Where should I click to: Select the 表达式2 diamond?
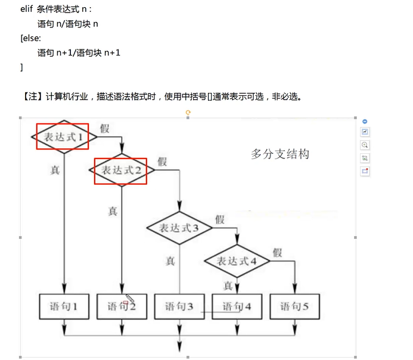tap(122, 170)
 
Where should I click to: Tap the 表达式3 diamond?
tap(179, 228)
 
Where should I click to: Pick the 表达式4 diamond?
tap(237, 261)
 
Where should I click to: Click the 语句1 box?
tap(63, 307)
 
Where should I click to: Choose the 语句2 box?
tap(122, 307)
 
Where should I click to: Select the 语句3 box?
tap(179, 307)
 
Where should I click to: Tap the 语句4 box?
tap(237, 307)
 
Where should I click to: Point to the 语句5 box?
tap(294, 307)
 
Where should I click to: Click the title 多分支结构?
tap(280, 154)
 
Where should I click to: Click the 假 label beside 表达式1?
tap(104, 128)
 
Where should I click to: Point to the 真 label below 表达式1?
tap(55, 170)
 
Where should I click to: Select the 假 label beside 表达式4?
tap(277, 252)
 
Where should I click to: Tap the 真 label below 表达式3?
tap(170, 260)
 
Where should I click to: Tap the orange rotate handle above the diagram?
tap(188, 111)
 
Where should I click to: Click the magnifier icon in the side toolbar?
tap(365, 145)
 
